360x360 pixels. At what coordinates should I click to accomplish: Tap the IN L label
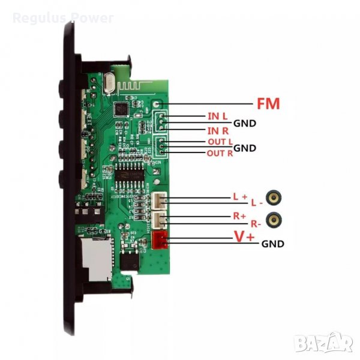point(217,115)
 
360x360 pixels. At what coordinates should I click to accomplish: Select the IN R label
point(217,131)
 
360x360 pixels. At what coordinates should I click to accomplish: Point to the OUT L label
point(219,142)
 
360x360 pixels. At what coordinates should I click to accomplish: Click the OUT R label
point(219,154)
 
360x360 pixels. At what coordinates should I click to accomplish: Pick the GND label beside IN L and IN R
point(245,124)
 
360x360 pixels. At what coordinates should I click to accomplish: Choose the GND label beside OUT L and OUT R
point(245,148)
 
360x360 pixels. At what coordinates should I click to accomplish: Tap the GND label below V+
point(272,244)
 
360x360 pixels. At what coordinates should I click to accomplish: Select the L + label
point(239,196)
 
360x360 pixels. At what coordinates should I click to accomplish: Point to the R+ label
point(239,215)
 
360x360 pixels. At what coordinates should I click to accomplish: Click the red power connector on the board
point(160,241)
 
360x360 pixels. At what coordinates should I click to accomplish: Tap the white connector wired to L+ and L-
point(160,202)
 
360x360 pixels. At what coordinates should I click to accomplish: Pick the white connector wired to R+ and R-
point(160,220)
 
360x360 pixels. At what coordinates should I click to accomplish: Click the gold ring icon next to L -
point(275,197)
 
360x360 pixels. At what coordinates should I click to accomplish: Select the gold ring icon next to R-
point(275,220)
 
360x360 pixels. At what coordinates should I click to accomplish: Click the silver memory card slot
point(96,258)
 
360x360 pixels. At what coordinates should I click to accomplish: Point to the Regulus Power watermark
point(63,18)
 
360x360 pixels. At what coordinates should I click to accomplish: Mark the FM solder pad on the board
point(156,104)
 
